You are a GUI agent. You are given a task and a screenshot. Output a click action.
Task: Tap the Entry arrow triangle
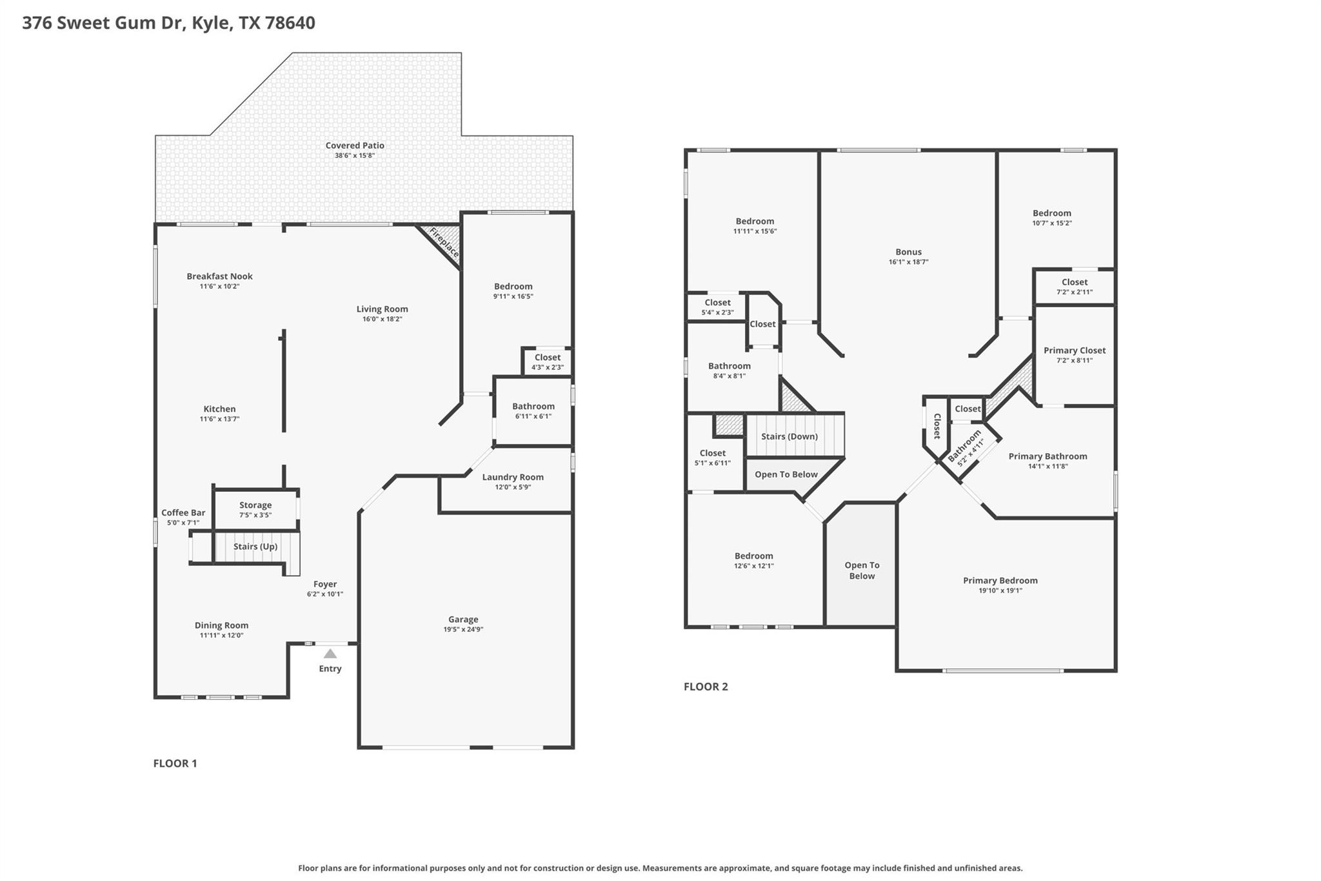(x=330, y=654)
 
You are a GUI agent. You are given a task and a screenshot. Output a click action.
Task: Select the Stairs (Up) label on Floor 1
(x=255, y=547)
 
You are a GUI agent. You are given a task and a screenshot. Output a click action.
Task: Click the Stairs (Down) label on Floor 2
(x=789, y=436)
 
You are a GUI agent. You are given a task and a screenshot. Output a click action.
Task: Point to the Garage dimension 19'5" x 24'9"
(x=463, y=629)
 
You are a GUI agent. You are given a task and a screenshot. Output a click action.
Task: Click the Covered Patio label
(x=355, y=146)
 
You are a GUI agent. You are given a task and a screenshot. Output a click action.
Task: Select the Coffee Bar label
(x=183, y=513)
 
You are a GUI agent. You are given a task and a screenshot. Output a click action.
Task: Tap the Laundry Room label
(x=513, y=478)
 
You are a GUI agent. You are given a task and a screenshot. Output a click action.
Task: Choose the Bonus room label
(x=908, y=252)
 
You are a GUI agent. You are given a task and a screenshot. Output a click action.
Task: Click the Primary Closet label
(x=1075, y=350)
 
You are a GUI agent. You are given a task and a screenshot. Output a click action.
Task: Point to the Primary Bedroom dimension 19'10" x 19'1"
(x=1000, y=591)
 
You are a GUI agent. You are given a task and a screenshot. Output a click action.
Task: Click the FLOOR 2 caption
(x=706, y=687)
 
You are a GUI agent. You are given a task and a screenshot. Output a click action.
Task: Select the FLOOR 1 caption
(x=175, y=764)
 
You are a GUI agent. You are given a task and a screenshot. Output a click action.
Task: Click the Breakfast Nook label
(x=219, y=276)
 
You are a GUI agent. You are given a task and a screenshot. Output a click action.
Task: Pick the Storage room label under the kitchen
(x=255, y=505)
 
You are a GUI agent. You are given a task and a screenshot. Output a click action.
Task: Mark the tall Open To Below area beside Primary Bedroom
(x=862, y=571)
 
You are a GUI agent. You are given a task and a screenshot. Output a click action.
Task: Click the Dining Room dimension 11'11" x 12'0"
(x=221, y=636)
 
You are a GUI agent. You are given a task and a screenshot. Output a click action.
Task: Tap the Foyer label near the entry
(x=325, y=584)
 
